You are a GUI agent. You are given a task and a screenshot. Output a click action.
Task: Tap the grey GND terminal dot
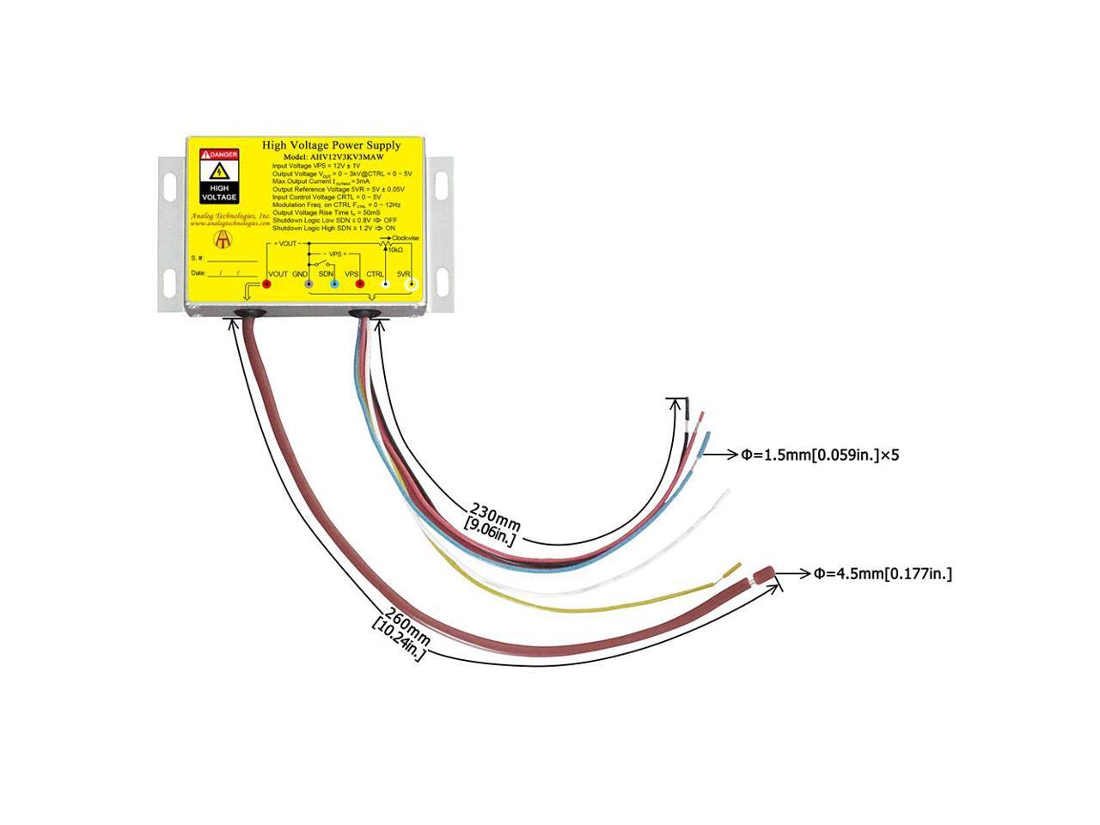click(x=309, y=283)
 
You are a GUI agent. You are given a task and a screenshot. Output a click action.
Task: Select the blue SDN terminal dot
click(x=334, y=283)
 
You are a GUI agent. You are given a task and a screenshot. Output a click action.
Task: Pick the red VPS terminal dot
click(x=360, y=283)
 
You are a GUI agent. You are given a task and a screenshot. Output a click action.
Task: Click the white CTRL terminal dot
click(x=386, y=283)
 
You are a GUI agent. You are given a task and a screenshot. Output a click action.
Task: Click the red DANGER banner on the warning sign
click(x=219, y=154)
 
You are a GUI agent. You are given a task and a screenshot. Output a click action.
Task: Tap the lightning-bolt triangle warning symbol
click(x=219, y=170)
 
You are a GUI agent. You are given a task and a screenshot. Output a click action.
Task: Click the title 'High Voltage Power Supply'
click(x=332, y=145)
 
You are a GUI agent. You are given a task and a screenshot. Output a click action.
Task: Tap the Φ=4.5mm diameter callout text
click(x=883, y=573)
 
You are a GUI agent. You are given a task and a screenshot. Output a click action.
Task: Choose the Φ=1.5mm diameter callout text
click(x=820, y=455)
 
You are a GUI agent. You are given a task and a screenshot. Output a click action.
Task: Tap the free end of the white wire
click(x=726, y=492)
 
